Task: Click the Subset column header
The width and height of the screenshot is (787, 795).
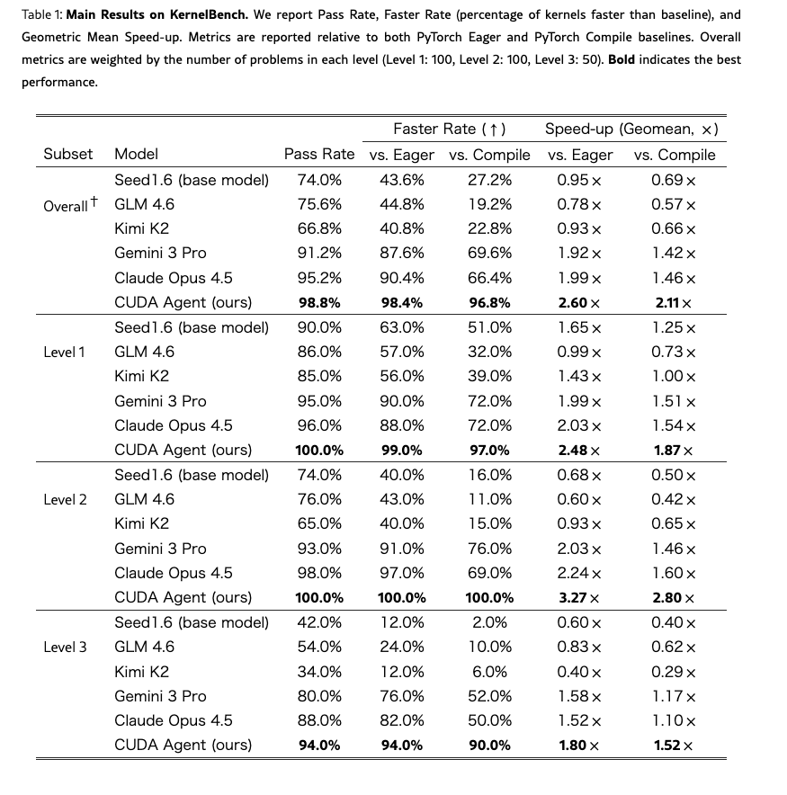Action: (67, 155)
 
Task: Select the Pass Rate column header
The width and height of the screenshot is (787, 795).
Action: (319, 155)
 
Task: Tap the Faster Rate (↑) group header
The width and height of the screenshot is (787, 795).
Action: (450, 130)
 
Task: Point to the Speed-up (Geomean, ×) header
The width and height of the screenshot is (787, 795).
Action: (631, 130)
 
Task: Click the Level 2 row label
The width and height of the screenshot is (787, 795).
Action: (65, 499)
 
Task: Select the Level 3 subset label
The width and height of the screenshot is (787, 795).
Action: (65, 647)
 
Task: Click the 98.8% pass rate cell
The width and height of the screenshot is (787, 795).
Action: (319, 303)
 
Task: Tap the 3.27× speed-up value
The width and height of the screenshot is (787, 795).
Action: (579, 598)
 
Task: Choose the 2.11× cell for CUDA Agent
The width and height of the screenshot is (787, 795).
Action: (674, 303)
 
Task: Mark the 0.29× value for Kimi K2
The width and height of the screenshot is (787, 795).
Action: (674, 672)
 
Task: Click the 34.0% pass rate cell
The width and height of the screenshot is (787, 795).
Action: (319, 672)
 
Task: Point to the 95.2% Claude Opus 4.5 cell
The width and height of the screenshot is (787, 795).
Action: (319, 279)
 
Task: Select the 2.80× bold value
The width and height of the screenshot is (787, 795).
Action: (674, 598)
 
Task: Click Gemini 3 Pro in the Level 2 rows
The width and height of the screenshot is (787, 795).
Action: (160, 549)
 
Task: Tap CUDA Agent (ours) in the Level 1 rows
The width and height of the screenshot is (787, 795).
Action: (183, 451)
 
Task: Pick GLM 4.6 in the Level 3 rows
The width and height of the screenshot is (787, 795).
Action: (144, 647)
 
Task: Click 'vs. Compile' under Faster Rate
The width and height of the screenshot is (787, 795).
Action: (489, 155)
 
